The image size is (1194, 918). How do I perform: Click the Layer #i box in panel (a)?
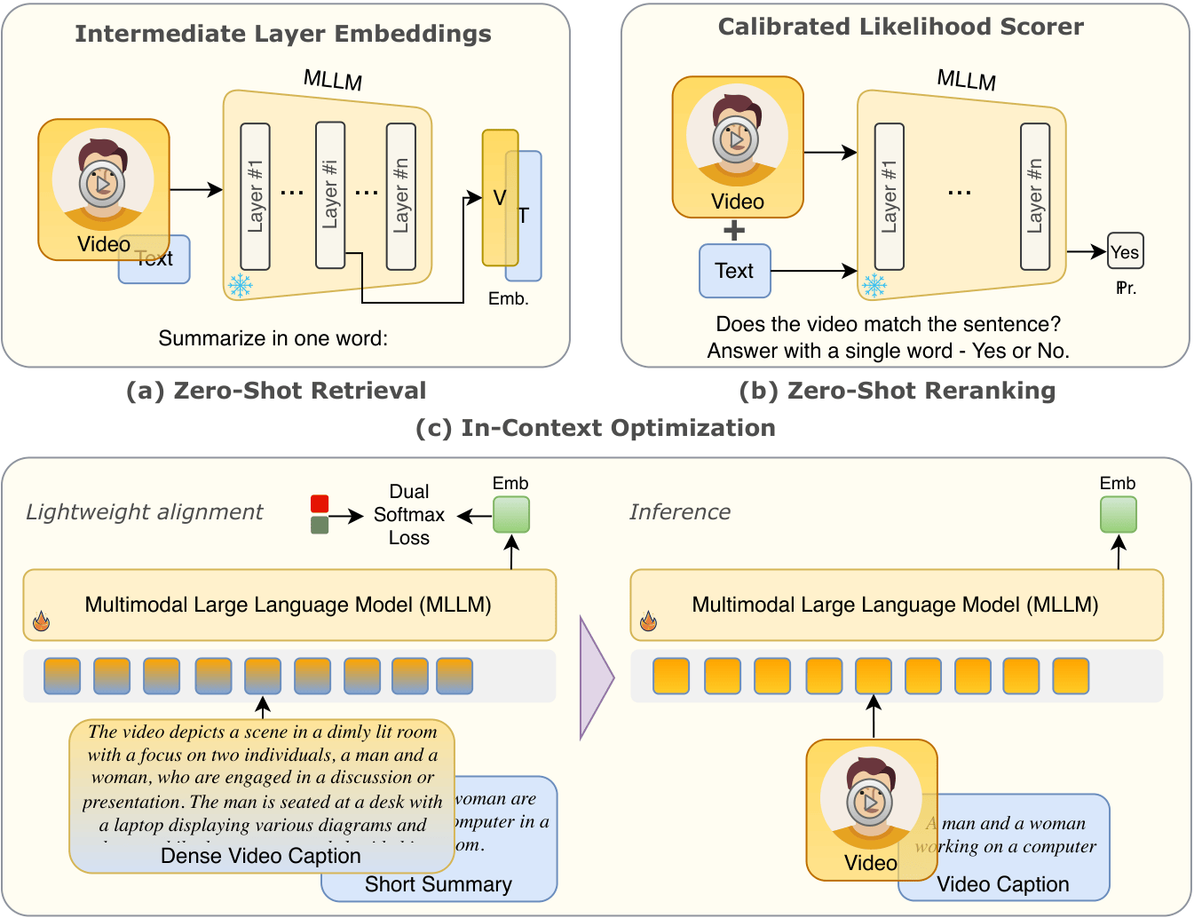pyautogui.click(x=330, y=195)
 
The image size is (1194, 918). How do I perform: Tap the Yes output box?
pyautogui.click(x=1125, y=251)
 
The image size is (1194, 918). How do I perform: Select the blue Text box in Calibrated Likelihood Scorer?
pyautogui.click(x=734, y=271)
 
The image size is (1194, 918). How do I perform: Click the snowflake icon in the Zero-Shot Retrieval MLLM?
pyautogui.click(x=240, y=285)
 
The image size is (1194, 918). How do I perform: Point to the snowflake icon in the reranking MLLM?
pyautogui.click(x=874, y=285)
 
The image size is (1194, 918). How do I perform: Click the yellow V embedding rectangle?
pyautogui.click(x=500, y=197)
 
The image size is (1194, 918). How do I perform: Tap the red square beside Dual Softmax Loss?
pyautogui.click(x=320, y=503)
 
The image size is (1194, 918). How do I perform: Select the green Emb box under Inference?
pyautogui.click(x=1119, y=514)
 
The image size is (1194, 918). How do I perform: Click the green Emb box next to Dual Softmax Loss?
pyautogui.click(x=511, y=514)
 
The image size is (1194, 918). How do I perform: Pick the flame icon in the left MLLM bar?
pyautogui.click(x=41, y=621)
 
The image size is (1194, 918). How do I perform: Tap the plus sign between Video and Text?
pyautogui.click(x=734, y=231)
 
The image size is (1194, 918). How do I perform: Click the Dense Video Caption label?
pyautogui.click(x=261, y=856)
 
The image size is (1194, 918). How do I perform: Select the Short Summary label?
pyautogui.click(x=439, y=884)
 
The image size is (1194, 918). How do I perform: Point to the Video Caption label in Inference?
pyautogui.click(x=1003, y=884)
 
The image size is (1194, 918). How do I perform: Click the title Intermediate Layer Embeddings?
pyautogui.click(x=283, y=34)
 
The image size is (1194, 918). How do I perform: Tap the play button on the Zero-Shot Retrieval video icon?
pyautogui.click(x=102, y=185)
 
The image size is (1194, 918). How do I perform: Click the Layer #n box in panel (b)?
pyautogui.click(x=1035, y=195)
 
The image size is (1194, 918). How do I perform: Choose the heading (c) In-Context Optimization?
pyautogui.click(x=596, y=428)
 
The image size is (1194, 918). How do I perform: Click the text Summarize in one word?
pyautogui.click(x=273, y=338)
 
